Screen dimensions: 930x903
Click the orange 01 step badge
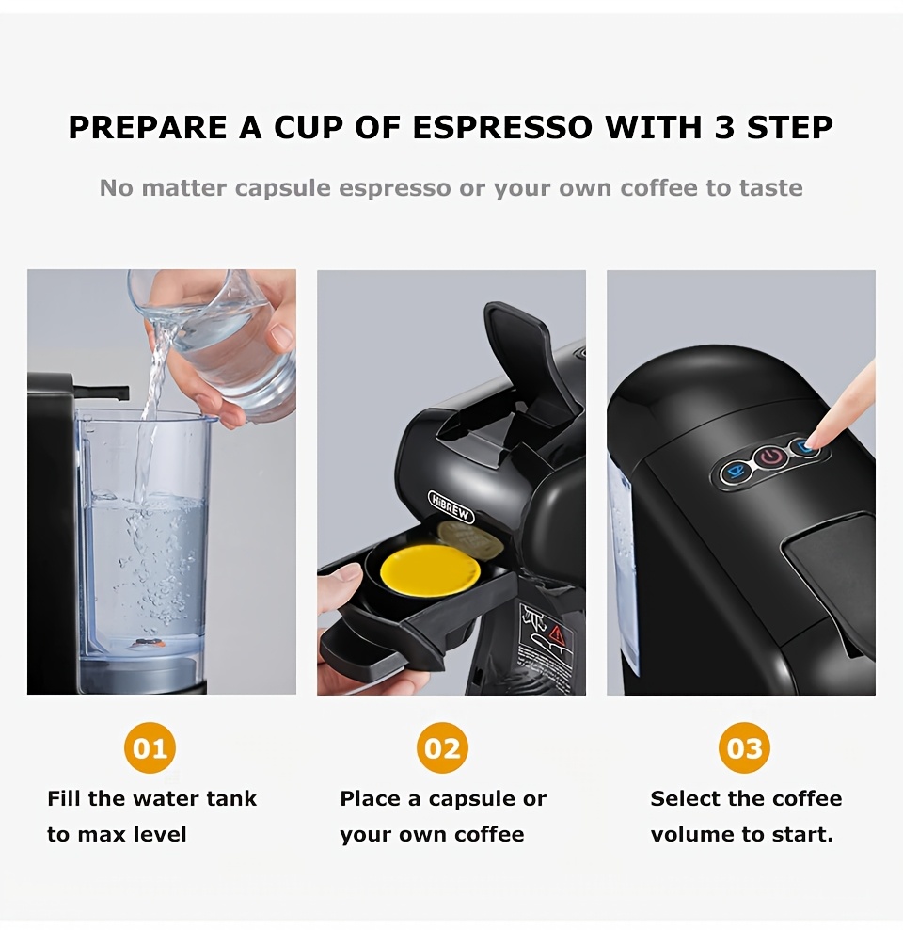pos(150,748)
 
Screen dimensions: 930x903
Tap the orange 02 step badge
pos(442,748)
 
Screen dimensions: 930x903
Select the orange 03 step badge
pos(745,748)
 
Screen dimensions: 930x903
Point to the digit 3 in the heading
pos(723,128)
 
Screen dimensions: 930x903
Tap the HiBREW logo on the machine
pos(451,507)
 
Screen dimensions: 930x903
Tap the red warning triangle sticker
pos(554,632)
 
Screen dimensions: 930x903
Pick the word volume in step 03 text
pos(689,834)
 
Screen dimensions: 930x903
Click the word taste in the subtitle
pos(770,188)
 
